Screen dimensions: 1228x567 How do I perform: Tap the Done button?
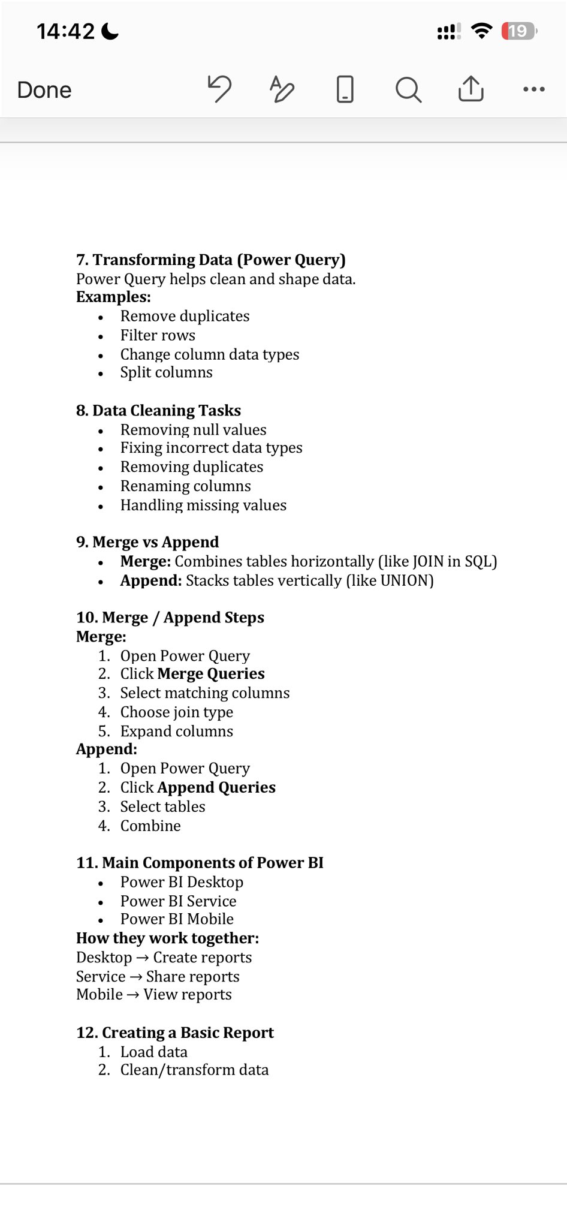(44, 90)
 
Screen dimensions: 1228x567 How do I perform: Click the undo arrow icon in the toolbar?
(219, 89)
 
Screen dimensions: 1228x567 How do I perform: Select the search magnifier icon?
(408, 90)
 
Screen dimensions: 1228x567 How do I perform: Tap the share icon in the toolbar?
(471, 89)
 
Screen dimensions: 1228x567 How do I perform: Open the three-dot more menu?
(533, 90)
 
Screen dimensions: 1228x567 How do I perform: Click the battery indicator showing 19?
(519, 31)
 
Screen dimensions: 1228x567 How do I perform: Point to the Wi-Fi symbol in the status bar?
(481, 31)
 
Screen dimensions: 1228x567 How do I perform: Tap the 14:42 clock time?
(65, 31)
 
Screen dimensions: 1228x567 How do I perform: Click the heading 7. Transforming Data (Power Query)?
(211, 260)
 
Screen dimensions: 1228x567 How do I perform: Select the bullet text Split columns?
(166, 372)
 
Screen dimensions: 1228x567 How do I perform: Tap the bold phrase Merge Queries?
(210, 674)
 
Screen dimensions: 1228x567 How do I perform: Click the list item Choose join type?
(177, 712)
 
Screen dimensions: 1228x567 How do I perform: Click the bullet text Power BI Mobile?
(177, 919)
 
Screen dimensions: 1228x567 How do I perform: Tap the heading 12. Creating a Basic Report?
(175, 1033)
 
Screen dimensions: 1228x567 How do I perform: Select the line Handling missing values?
(203, 505)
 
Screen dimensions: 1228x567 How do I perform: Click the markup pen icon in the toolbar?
(282, 89)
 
